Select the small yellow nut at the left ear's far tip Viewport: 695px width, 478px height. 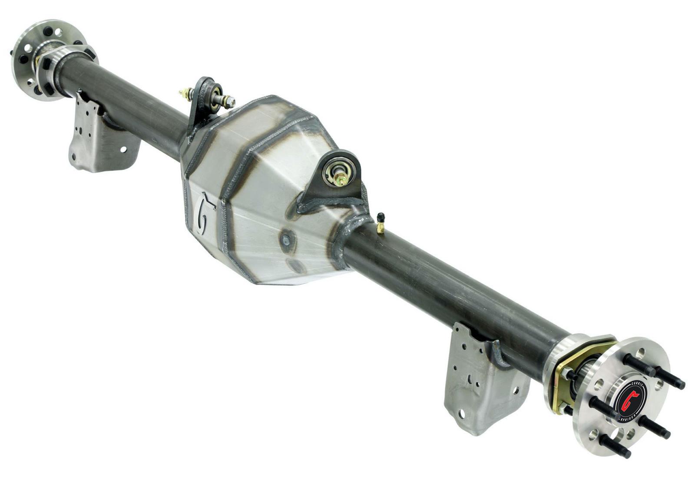(x=182, y=92)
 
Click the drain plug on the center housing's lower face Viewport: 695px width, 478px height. (x=286, y=240)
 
